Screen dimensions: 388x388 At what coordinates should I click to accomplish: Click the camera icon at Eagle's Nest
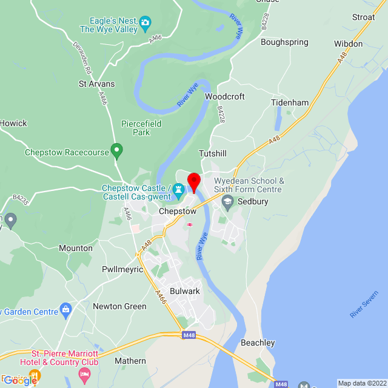pyautogui.click(x=145, y=24)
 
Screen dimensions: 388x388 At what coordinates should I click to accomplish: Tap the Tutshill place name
pyautogui.click(x=213, y=154)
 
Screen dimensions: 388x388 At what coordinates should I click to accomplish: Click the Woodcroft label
pyautogui.click(x=225, y=96)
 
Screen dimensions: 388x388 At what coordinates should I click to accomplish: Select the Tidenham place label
pyautogui.click(x=290, y=103)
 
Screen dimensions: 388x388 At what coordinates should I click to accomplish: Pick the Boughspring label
pyautogui.click(x=284, y=42)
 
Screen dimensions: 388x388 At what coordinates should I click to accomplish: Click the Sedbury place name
pyautogui.click(x=253, y=202)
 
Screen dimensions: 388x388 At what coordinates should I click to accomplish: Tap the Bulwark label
pyautogui.click(x=184, y=292)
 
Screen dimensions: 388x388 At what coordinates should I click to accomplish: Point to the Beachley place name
pyautogui.click(x=258, y=343)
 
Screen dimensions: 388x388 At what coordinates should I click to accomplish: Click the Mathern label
pyautogui.click(x=130, y=361)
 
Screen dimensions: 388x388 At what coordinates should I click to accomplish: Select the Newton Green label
pyautogui.click(x=119, y=306)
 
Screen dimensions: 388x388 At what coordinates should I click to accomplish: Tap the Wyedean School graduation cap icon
pyautogui.click(x=228, y=201)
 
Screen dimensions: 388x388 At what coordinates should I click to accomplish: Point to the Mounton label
pyautogui.click(x=76, y=248)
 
